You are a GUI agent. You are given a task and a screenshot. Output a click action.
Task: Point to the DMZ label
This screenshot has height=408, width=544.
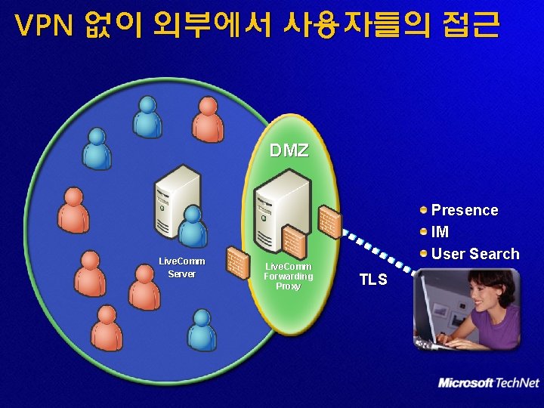289,150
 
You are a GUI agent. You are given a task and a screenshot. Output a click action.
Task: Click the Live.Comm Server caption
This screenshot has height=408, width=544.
181,267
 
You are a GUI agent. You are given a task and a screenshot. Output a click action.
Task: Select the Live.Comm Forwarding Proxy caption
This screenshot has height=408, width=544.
288,277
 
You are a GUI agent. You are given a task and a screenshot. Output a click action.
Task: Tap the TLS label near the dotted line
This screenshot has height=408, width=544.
372,280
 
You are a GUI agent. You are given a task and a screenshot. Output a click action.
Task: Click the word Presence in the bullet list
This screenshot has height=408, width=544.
464,210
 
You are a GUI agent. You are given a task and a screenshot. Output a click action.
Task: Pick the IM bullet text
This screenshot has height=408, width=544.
440,232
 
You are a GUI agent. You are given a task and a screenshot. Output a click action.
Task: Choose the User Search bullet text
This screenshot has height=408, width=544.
475,254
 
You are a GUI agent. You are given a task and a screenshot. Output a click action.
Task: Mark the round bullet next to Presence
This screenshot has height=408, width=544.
425,209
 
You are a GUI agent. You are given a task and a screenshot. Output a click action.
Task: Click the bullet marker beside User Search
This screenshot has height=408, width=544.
425,253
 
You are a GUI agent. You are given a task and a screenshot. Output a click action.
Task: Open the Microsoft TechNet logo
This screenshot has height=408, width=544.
489,383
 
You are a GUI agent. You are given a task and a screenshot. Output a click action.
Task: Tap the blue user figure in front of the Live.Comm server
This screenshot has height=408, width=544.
193,227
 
